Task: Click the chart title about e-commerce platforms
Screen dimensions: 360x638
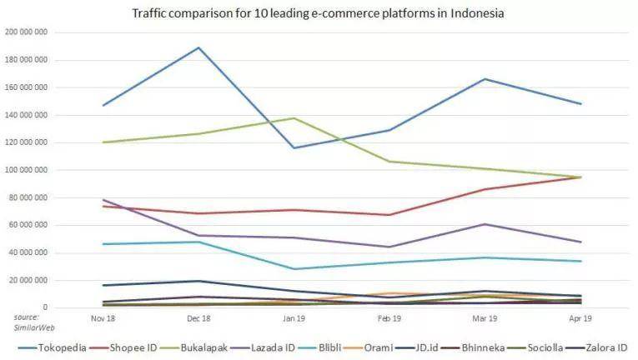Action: (x=318, y=14)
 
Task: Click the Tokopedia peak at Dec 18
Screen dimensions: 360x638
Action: (x=198, y=47)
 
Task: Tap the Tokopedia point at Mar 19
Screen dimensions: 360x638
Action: (x=485, y=79)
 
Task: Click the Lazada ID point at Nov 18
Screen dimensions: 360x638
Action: (x=103, y=200)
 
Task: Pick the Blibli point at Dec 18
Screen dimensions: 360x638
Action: (x=198, y=242)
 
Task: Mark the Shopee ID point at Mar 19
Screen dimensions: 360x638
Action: (x=485, y=189)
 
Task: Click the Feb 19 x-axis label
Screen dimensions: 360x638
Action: (x=389, y=317)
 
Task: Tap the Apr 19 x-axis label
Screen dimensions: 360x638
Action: (x=580, y=317)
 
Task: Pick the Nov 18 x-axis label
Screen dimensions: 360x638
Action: (x=103, y=317)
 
